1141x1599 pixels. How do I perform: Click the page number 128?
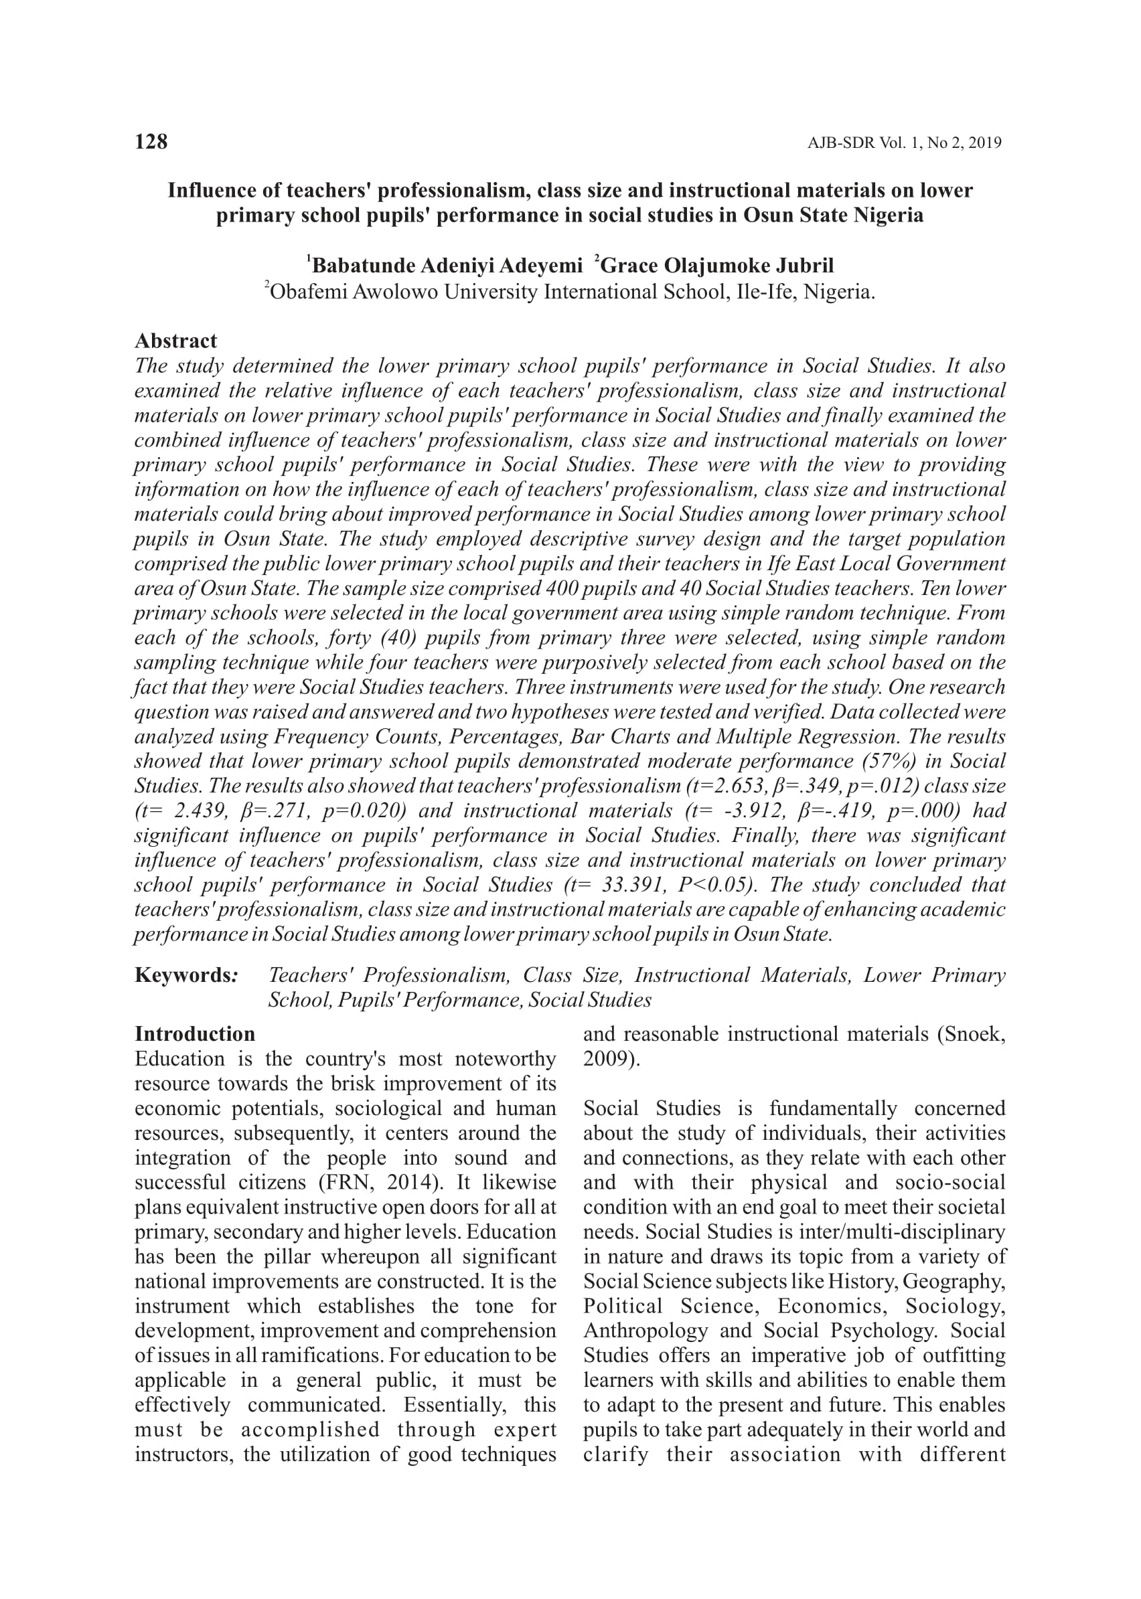tap(151, 142)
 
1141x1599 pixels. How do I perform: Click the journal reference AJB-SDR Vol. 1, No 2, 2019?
tap(903, 143)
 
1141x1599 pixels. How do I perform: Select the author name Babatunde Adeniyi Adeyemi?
tap(447, 266)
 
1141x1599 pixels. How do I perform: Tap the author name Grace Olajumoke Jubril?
tap(716, 266)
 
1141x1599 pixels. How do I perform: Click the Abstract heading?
tap(175, 341)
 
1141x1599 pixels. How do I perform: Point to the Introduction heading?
tap(195, 1033)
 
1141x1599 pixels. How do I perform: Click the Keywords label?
tap(185, 975)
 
